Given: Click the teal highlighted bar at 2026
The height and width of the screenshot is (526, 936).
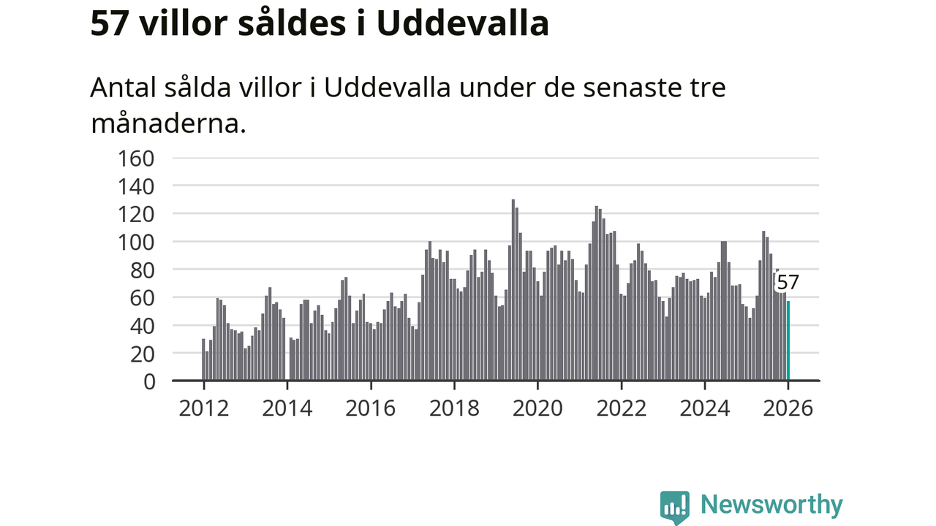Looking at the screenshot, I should pos(788,341).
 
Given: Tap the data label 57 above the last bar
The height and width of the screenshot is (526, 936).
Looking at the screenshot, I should pos(788,283).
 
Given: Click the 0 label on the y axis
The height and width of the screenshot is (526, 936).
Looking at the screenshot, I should pos(149,381).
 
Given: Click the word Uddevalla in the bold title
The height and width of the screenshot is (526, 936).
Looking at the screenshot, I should pos(463,23).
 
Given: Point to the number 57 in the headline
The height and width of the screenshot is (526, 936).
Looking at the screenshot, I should pos(110,23).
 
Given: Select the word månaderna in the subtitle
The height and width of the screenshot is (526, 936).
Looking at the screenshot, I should pos(167,123).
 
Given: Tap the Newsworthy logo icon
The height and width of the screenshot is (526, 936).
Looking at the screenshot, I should pos(674,506).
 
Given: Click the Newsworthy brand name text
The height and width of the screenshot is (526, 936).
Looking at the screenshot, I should pos(771,505).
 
